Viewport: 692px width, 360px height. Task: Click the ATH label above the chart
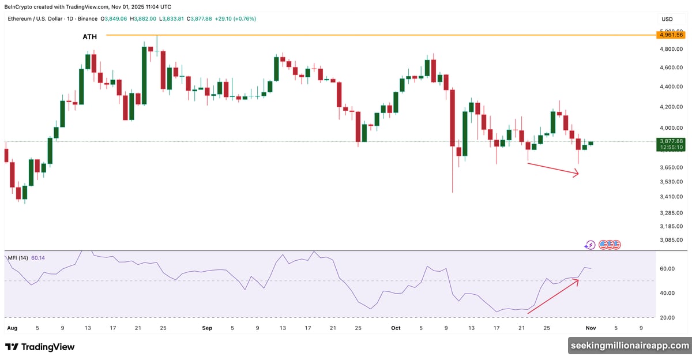89,37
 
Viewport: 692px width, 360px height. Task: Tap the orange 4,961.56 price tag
672,35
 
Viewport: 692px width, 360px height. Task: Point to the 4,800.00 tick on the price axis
672,50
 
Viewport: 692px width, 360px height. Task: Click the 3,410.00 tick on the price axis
672,197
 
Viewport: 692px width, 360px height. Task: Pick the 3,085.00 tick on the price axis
672,241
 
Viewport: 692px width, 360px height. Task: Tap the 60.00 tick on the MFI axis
668,269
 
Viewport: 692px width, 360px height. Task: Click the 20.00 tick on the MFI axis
668,317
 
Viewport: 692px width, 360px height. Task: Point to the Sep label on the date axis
208,328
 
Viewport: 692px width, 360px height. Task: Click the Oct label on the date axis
396,328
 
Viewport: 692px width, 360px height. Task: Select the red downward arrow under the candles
552,169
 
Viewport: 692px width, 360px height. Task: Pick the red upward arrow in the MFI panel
553,297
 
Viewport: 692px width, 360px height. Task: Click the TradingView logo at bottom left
40,347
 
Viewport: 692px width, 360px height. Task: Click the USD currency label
668,19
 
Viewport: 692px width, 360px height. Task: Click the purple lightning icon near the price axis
590,245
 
